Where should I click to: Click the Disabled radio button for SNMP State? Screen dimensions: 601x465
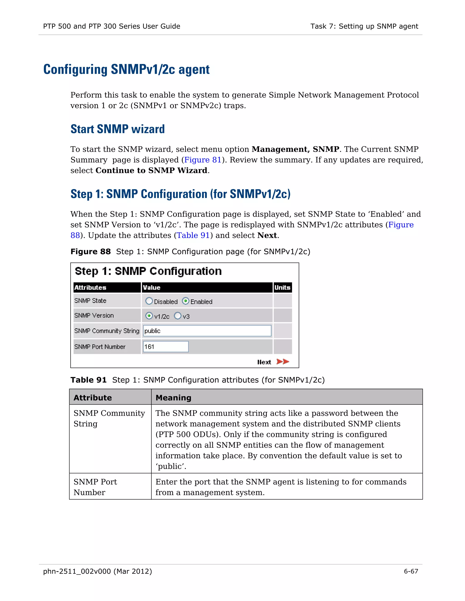click(149, 301)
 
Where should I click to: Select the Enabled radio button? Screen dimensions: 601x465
click(186, 301)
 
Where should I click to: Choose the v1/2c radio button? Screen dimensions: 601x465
click(149, 316)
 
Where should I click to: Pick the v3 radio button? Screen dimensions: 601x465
click(178, 316)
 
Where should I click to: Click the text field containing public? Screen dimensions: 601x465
click(207, 331)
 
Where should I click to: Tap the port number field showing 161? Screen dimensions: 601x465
click(166, 347)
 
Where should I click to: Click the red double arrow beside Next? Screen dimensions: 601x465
click(283, 361)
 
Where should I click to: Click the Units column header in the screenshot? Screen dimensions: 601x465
click(282, 288)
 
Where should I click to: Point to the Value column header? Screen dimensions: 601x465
click(151, 288)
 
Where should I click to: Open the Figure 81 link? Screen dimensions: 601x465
click(203, 160)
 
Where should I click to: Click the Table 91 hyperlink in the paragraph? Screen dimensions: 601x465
click(193, 235)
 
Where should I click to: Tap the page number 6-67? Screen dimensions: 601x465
click(411, 571)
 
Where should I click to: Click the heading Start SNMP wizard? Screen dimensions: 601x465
click(118, 129)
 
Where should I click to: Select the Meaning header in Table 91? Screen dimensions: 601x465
click(173, 398)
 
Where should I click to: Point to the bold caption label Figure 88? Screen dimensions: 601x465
click(91, 252)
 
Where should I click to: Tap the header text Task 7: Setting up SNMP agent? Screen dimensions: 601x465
click(364, 26)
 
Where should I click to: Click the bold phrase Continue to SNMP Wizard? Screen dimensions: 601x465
click(151, 170)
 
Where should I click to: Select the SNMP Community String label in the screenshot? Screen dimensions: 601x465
click(107, 331)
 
